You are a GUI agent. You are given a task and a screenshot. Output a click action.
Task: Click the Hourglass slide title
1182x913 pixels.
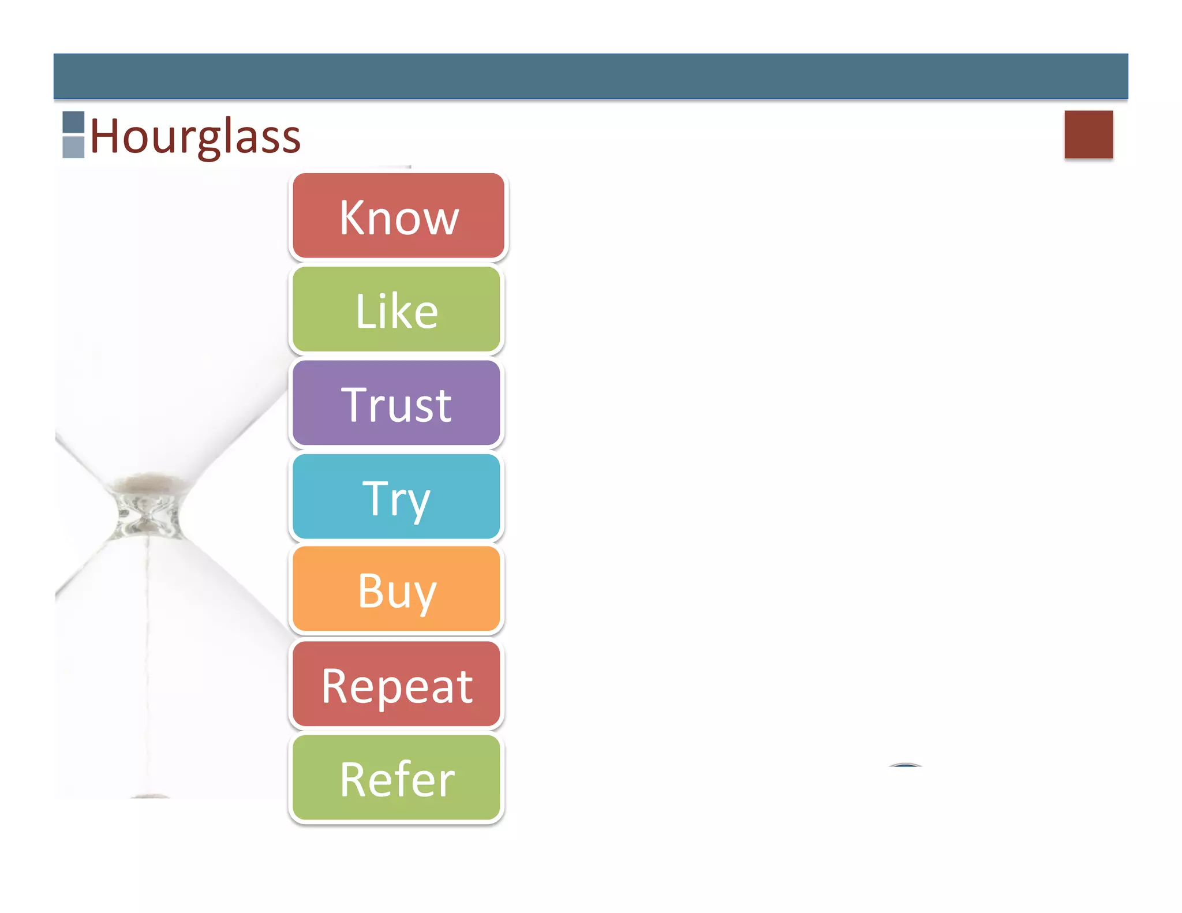pos(195,136)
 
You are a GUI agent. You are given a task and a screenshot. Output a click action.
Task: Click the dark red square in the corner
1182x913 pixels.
pos(1089,134)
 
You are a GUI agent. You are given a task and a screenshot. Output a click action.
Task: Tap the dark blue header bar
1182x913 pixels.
pos(590,76)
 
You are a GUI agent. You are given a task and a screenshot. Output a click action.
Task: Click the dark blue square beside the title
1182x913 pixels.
pos(73,122)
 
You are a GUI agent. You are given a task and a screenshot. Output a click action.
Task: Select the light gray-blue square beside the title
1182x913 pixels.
pos(73,147)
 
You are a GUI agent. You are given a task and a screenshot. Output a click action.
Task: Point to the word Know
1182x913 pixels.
pos(399,218)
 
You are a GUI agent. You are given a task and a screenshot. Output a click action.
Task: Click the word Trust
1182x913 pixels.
pos(397,405)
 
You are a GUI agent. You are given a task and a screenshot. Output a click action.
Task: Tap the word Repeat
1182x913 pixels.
pos(397,686)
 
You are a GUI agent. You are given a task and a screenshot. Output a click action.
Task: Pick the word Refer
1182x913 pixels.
pos(397,779)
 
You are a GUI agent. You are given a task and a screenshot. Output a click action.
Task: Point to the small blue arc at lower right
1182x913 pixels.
pos(905,765)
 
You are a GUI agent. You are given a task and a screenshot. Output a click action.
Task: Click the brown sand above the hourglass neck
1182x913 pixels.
pos(149,481)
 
